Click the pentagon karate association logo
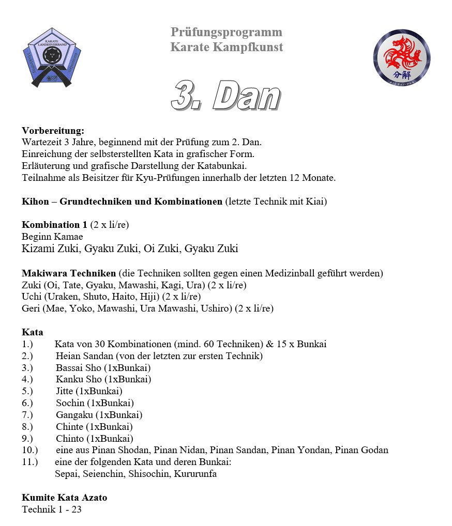pyautogui.click(x=52, y=57)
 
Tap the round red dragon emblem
pyautogui.click(x=401, y=57)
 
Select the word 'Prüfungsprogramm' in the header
pyautogui.click(x=227, y=33)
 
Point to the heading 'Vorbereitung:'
pyautogui.click(x=53, y=131)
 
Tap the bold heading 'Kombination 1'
pyautogui.click(x=54, y=225)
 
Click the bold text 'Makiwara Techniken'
pyautogui.click(x=69, y=273)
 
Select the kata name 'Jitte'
pyautogui.click(x=65, y=391)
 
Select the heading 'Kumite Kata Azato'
pyautogui.click(x=64, y=498)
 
